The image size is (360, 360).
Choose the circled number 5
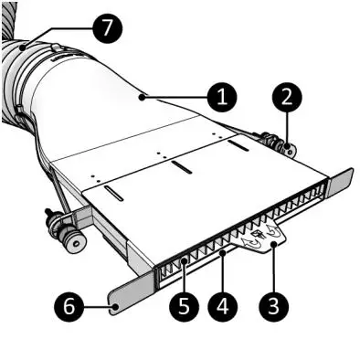pos(182,302)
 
